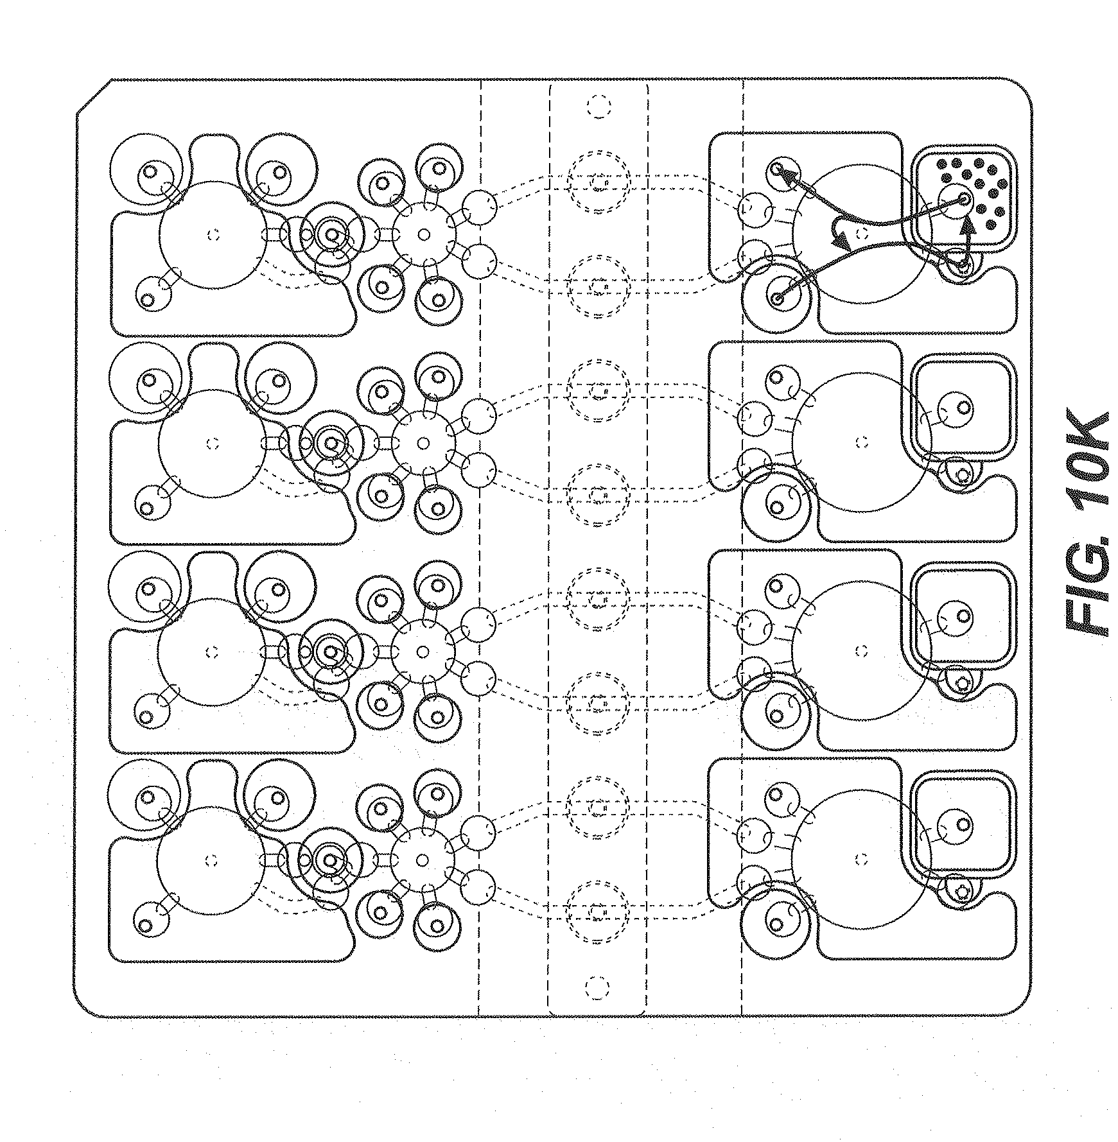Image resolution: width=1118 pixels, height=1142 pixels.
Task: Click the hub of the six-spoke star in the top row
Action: (423, 235)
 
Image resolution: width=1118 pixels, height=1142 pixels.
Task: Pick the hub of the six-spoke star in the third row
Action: (422, 652)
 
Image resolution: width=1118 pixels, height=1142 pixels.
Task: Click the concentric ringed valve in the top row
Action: (332, 235)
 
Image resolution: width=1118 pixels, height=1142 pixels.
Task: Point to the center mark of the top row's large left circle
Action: (213, 235)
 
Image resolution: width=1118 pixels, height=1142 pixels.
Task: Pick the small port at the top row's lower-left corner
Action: (147, 299)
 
